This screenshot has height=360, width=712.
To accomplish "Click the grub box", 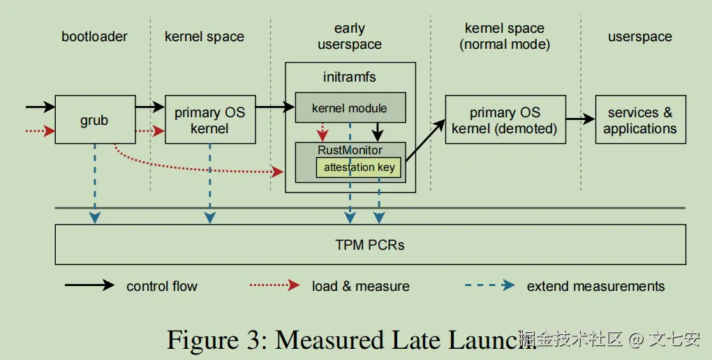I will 94,120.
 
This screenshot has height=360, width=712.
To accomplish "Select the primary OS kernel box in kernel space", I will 209,120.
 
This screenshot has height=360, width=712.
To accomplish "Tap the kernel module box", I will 350,108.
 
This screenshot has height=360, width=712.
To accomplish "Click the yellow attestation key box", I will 359,167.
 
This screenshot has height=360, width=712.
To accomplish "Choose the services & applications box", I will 639,120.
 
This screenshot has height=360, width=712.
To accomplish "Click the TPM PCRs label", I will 370,245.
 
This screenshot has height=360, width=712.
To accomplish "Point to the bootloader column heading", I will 94,36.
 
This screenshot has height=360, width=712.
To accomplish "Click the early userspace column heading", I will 349,37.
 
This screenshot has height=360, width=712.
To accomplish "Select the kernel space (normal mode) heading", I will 505,37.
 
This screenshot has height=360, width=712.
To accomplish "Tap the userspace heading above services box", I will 639,36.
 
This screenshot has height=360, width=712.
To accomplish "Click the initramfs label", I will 350,77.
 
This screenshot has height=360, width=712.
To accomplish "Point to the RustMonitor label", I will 350,150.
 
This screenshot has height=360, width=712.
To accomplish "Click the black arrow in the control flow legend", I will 89,285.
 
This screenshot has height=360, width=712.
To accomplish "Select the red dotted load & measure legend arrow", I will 275,285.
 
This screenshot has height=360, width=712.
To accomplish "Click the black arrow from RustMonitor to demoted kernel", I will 424,141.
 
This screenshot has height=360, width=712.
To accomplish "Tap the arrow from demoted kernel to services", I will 580,119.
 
